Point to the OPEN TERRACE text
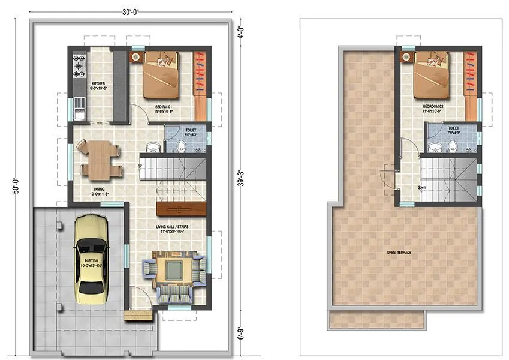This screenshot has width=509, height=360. click(x=399, y=253)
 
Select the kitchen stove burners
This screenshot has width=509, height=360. click(x=79, y=67)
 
